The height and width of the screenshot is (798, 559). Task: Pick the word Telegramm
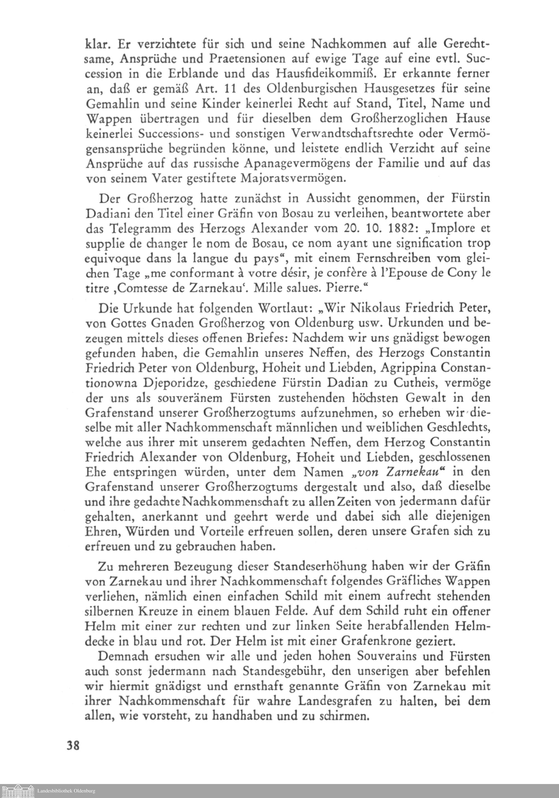(151, 228)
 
